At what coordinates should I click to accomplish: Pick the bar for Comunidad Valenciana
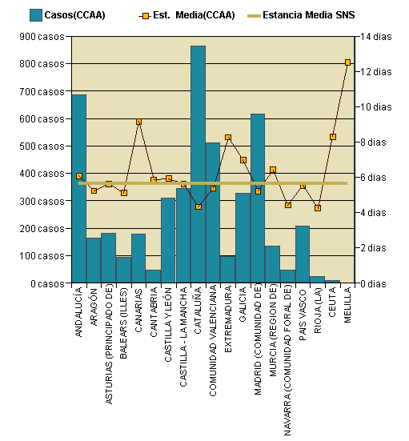point(212,212)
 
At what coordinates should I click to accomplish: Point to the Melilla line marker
point(347,62)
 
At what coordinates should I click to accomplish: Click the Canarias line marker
point(138,122)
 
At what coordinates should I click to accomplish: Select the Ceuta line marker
point(332,137)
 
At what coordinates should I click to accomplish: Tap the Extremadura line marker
point(228,138)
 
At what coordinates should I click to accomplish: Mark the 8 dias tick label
point(376,142)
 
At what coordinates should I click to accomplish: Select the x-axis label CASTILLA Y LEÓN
point(168,329)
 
